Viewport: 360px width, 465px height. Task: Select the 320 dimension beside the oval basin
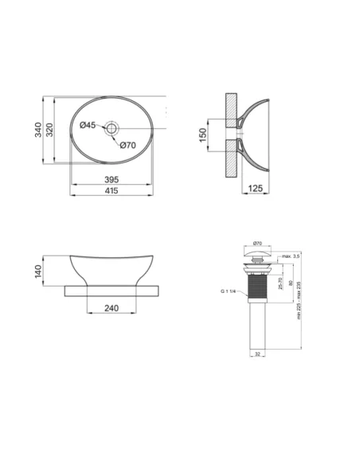pos(49,131)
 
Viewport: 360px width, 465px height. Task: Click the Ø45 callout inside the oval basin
pos(88,125)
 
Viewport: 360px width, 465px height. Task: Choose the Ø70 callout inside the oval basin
pos(127,144)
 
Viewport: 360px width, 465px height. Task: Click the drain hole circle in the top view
pos(112,127)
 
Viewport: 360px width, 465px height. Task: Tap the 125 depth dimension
pos(255,188)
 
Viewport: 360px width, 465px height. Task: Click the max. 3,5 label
pos(290,256)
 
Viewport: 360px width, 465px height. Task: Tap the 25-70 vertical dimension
pos(282,284)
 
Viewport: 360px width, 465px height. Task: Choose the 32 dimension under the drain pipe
pos(256,353)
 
